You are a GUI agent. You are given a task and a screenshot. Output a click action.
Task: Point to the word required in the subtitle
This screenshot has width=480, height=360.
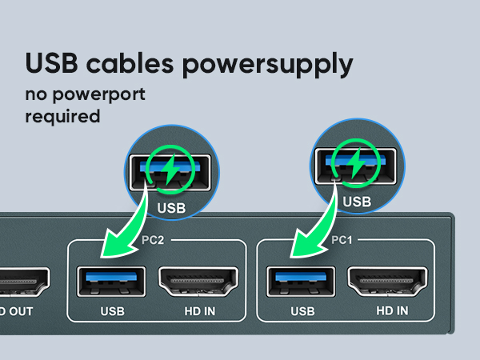62,117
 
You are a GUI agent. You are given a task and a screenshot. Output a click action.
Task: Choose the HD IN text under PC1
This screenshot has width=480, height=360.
391,310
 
